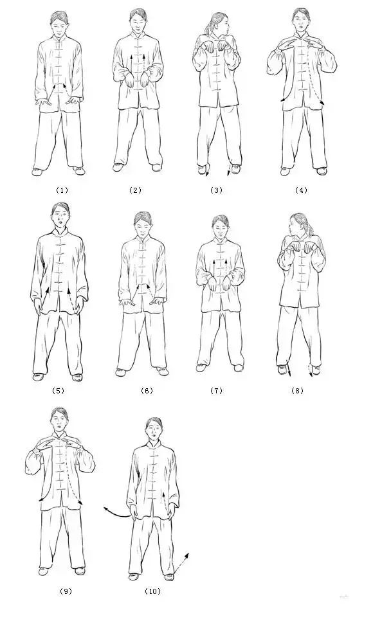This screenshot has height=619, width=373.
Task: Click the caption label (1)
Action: point(62,190)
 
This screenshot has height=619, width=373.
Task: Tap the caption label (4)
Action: point(301,190)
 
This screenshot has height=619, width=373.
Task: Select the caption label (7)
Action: point(216,391)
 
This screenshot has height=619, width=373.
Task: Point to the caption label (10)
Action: point(152,591)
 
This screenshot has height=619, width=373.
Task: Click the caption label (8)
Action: point(297,391)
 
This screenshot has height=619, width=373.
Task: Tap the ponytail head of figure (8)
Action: point(299,224)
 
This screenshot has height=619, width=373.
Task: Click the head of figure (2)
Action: point(138,21)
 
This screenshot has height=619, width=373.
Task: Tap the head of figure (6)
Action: point(143,224)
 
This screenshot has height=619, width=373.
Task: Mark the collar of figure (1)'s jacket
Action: point(60,39)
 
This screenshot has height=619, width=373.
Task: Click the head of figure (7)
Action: point(219,227)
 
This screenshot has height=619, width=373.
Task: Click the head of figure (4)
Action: point(302,21)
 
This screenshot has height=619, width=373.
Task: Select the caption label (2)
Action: point(135,190)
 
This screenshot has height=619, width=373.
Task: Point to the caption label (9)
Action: point(66,591)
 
